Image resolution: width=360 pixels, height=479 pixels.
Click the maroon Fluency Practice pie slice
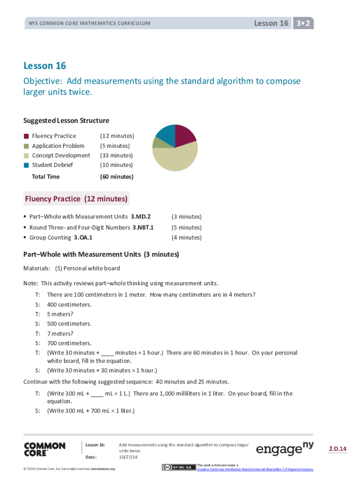coord(185,135)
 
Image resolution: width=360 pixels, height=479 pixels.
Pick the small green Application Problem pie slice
coord(158,142)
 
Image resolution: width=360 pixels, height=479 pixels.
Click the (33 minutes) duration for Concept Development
coord(116,155)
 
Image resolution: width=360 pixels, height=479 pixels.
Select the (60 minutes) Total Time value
coord(116,177)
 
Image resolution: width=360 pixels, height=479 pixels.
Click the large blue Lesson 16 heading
coord(45,65)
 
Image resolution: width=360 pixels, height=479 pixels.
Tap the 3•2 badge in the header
coord(303,23)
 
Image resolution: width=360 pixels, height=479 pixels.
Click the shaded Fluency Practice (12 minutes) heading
coord(76,199)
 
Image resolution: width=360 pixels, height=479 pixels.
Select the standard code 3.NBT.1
coord(143,227)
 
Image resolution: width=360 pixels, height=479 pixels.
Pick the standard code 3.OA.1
coord(83,238)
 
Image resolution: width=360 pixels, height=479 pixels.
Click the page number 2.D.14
coord(337,449)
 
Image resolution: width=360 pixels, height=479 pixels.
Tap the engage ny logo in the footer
coord(285,450)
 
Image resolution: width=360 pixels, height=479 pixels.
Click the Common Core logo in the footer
coord(44,450)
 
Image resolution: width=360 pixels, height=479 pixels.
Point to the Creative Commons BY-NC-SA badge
coord(179,467)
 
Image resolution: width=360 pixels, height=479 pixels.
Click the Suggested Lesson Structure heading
coord(66,121)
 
